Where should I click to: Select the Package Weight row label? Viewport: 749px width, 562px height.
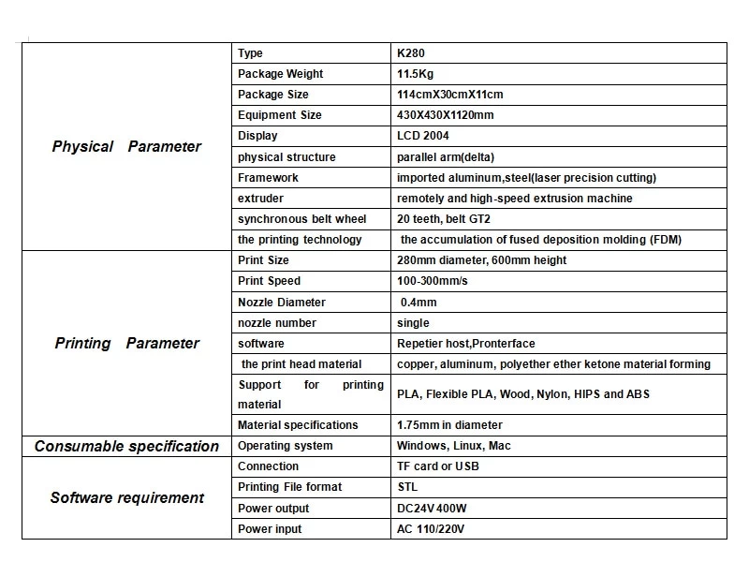tap(280, 74)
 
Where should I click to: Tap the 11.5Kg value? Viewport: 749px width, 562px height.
tap(416, 74)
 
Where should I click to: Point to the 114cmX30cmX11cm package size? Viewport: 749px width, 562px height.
tap(450, 95)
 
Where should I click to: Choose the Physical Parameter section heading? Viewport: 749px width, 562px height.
tap(126, 146)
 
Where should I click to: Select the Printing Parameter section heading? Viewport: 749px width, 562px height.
tap(126, 343)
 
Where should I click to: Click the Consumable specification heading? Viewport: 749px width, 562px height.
tap(126, 446)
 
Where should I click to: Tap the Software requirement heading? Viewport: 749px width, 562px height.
tap(126, 497)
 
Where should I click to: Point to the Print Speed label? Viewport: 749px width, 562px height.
tap(269, 281)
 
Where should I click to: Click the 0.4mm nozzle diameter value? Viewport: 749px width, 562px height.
tap(419, 303)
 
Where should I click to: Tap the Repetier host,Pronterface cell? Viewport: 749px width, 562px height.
tap(466, 344)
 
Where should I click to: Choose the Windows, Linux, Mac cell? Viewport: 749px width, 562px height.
tap(454, 446)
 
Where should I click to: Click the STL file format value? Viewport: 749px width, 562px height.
tap(407, 487)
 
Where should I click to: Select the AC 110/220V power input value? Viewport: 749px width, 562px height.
tap(432, 529)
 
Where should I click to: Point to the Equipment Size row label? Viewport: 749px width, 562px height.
tap(279, 115)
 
